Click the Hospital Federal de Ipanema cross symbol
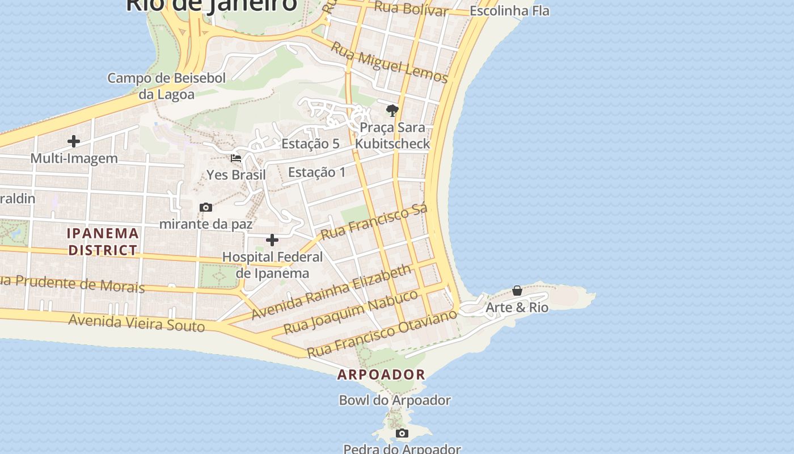coord(272,241)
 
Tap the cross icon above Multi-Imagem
coord(74,141)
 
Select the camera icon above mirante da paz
coord(206,208)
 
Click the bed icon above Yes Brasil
coord(236,158)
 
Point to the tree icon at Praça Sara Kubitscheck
coord(392,111)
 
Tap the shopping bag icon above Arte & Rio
coord(517,291)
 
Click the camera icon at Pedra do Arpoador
coord(402,434)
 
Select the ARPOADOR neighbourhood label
coord(381,375)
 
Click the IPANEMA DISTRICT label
coord(103,241)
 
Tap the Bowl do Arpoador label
coord(395,400)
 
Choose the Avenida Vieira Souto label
coord(136,322)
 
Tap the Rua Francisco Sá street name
coord(374,222)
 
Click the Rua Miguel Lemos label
coord(389,63)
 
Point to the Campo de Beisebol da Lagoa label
coord(167,86)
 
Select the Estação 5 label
coord(310,144)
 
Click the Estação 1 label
coord(316,172)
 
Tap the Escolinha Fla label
coord(509,11)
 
